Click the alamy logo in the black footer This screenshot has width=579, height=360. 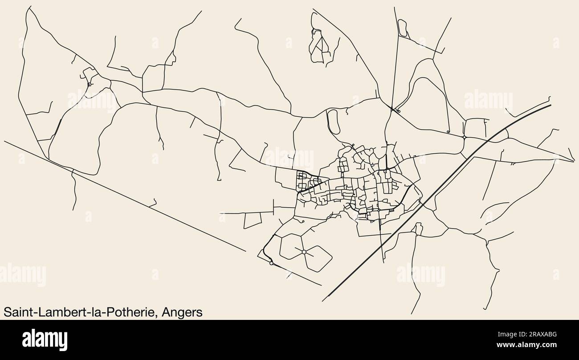45,340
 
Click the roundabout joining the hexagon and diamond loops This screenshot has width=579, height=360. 304,252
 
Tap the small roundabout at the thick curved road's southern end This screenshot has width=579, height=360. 271,263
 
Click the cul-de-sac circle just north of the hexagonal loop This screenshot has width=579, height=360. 302,221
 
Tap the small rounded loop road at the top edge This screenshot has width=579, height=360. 402,28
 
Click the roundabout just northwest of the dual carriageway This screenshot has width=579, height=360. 464,138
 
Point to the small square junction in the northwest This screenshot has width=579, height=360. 90,84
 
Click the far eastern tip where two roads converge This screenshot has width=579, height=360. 574,161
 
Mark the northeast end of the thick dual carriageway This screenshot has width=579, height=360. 550,105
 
